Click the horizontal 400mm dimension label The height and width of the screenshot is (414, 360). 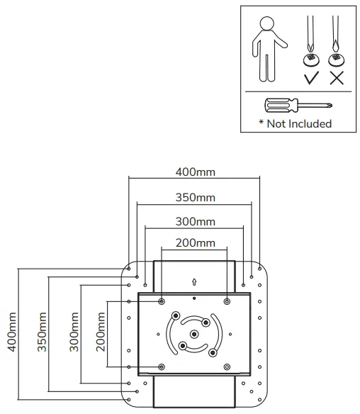click(195, 172)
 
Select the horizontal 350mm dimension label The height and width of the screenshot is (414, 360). click(195, 197)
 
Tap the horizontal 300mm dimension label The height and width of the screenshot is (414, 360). click(195, 221)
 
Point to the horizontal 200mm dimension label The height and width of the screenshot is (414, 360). click(195, 243)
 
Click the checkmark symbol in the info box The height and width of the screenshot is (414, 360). click(310, 77)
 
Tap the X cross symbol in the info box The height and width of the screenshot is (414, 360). click(337, 77)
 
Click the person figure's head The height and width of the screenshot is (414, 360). click(266, 23)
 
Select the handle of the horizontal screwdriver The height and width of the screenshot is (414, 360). click(279, 106)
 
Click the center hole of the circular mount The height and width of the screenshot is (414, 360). click(194, 334)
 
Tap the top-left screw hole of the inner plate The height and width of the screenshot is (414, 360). click(162, 302)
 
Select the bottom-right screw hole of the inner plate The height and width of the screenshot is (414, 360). click(227, 367)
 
